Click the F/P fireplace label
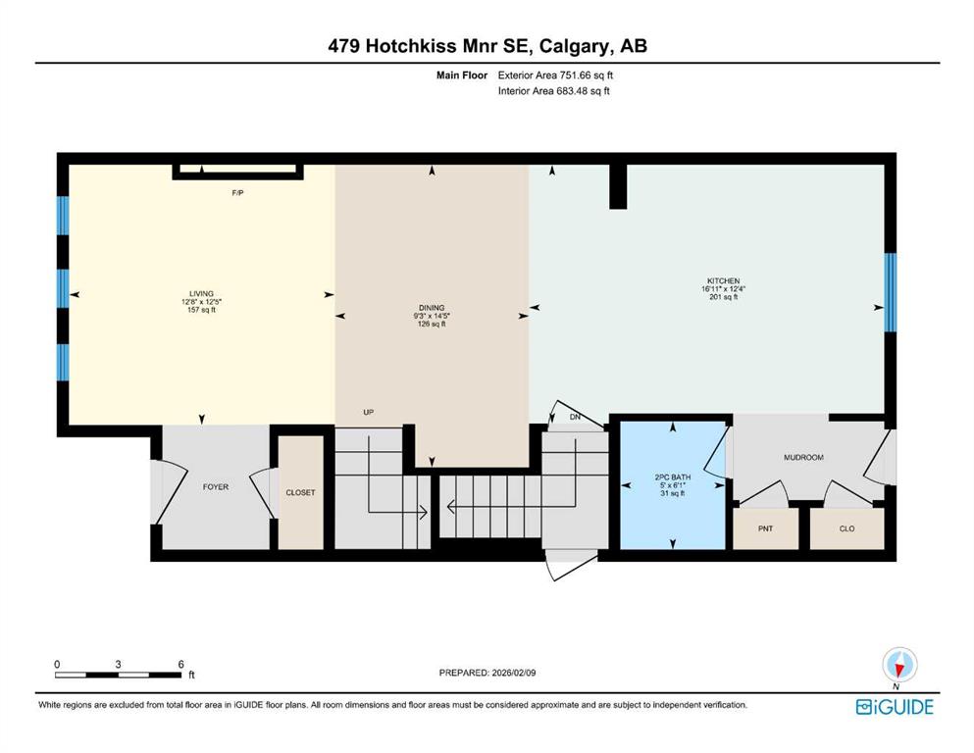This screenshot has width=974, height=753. [x=237, y=193]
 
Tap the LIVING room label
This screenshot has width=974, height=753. [x=201, y=293]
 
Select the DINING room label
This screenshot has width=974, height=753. [x=432, y=307]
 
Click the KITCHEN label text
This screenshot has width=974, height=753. [x=723, y=280]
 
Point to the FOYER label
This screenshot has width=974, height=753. [x=216, y=487]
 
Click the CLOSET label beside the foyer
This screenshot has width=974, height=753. [x=301, y=492]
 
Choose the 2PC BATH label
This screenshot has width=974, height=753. [x=673, y=477]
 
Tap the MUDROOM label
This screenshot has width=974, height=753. [x=803, y=458]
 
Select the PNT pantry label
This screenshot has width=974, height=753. [x=765, y=528]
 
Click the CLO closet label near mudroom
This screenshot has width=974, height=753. [x=846, y=528]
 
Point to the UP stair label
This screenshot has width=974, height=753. [x=369, y=412]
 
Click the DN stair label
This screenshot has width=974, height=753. [x=575, y=417]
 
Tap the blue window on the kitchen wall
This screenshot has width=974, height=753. [x=891, y=292]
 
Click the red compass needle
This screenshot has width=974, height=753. [x=898, y=668]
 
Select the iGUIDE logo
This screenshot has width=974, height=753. [x=895, y=707]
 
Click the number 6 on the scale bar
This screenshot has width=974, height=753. [x=180, y=664]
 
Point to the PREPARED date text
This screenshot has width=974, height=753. [x=487, y=673]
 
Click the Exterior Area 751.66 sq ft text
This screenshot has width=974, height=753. [x=555, y=75]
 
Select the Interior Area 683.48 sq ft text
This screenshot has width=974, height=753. [x=553, y=91]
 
